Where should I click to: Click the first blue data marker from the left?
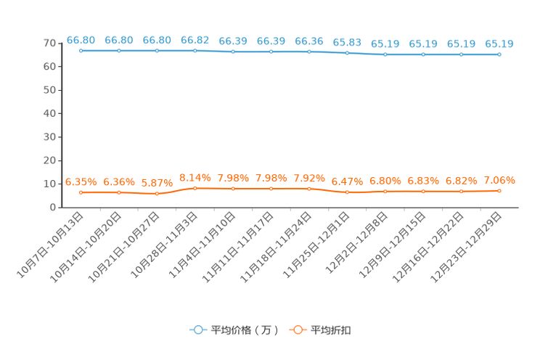pyautogui.click(x=81, y=51)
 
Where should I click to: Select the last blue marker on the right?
pyautogui.click(x=499, y=54)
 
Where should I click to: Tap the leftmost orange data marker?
pyautogui.click(x=81, y=193)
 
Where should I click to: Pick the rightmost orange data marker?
pyautogui.click(x=499, y=191)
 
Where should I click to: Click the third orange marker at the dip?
pyautogui.click(x=157, y=194)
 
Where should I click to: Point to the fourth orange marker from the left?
pyautogui.click(x=195, y=189)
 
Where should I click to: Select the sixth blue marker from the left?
pyautogui.click(x=271, y=52)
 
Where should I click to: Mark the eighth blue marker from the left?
pyautogui.click(x=348, y=53)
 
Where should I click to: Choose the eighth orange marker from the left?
pyautogui.click(x=348, y=193)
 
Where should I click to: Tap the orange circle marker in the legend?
pyautogui.click(x=298, y=330)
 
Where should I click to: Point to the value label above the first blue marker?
pyautogui.click(x=81, y=40)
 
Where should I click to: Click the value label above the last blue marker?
pyautogui.click(x=499, y=44)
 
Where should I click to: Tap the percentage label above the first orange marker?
pyautogui.click(x=81, y=182)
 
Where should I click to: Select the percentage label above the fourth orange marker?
pyautogui.click(x=195, y=177)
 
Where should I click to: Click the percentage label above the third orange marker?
pyautogui.click(x=157, y=183)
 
